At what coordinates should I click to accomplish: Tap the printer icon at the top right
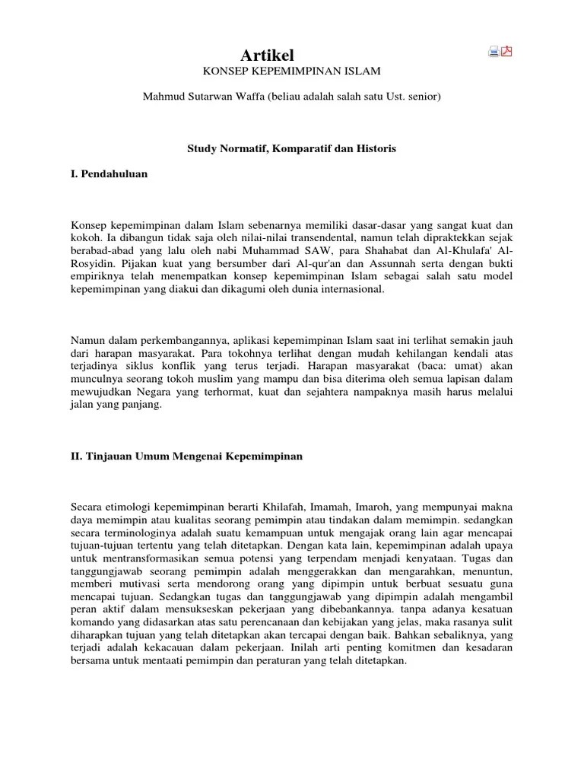494,52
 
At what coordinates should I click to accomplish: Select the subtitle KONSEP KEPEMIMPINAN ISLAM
290,72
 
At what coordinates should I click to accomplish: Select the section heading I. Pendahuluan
109,173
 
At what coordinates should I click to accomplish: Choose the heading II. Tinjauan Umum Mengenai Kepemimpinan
187,456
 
